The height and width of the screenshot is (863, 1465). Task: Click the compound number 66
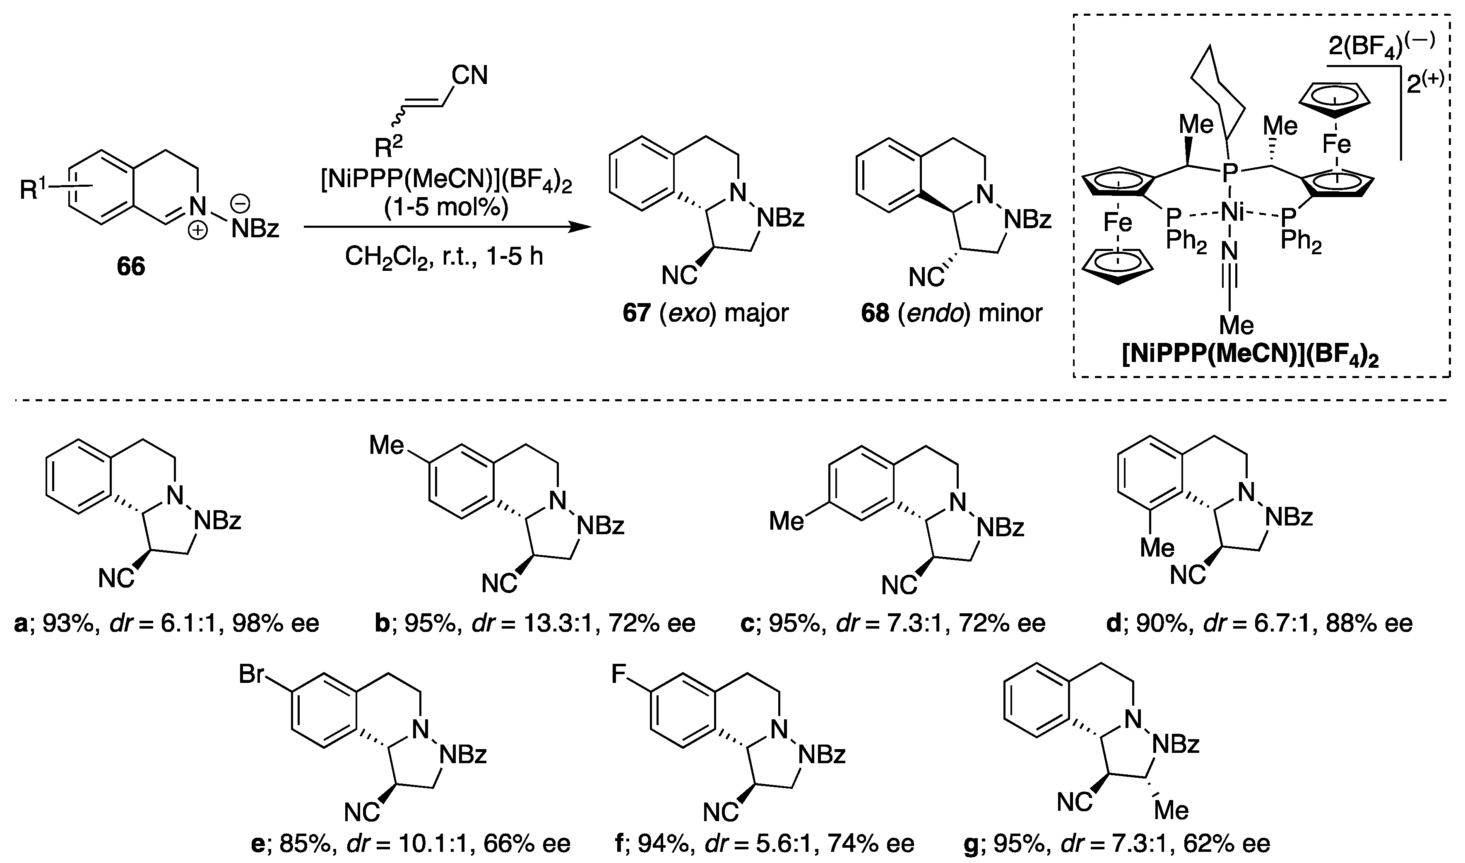pyautogui.click(x=131, y=266)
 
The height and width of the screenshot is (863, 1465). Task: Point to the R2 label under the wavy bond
pyautogui.click(x=388, y=147)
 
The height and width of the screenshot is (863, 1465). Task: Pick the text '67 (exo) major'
pyautogui.click(x=705, y=313)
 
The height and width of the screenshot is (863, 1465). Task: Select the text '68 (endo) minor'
pyautogui.click(x=952, y=313)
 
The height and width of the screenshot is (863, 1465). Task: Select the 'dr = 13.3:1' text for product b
pyautogui.click(x=535, y=623)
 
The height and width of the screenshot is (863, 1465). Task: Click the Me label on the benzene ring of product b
pyautogui.click(x=387, y=446)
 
